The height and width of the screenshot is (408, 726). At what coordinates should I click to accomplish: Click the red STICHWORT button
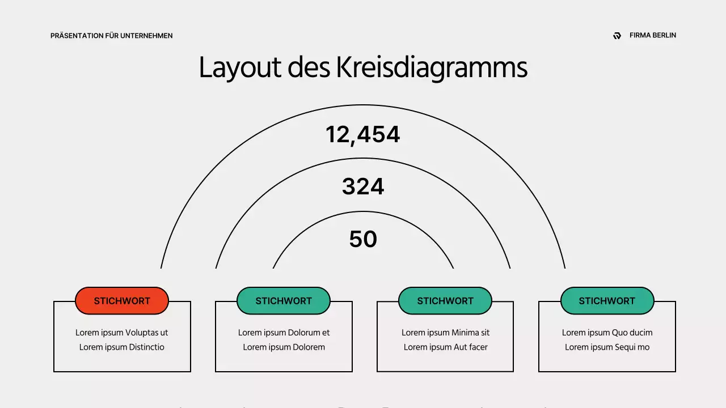tap(122, 301)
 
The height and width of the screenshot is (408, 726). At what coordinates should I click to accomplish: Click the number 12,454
tap(363, 135)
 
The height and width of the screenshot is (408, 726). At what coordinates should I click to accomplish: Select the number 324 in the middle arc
tap(363, 186)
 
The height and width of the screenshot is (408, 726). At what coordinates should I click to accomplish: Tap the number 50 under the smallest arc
tap(363, 239)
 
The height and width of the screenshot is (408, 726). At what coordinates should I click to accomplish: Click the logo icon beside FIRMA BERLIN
tap(617, 36)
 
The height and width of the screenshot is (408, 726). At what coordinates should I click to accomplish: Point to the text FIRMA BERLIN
tap(653, 35)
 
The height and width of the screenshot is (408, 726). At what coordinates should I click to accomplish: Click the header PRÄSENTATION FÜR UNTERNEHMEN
tap(112, 36)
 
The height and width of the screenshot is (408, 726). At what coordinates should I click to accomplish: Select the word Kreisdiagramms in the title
tap(432, 68)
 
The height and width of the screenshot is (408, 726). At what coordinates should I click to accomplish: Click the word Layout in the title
tap(240, 68)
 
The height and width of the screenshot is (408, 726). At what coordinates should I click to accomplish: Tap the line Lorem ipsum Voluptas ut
tap(122, 333)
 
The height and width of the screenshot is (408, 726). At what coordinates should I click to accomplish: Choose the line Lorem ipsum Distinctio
tap(122, 347)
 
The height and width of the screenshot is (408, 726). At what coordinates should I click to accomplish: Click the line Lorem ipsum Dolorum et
tap(284, 333)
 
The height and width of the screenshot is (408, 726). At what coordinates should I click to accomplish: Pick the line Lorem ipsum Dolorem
tap(284, 347)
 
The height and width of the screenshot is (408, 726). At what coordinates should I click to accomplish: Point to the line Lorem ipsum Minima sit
tap(445, 333)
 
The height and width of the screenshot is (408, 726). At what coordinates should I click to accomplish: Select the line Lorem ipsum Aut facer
tap(445, 347)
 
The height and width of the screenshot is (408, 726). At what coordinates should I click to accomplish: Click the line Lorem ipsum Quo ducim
tap(607, 333)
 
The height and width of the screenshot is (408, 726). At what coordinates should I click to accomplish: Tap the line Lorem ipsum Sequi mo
tap(607, 347)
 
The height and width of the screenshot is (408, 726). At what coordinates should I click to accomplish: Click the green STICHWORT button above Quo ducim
tap(607, 301)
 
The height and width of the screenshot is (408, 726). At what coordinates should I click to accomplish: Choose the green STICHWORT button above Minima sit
tap(445, 301)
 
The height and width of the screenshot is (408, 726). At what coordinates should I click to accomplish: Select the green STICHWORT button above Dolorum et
tap(284, 301)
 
